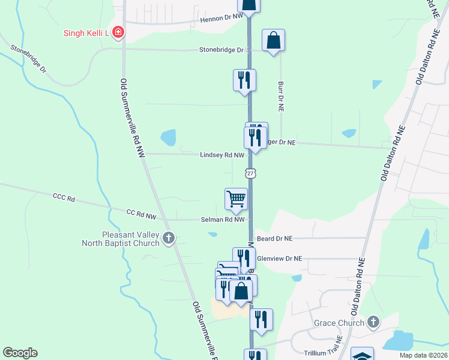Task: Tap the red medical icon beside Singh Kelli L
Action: [x=118, y=32]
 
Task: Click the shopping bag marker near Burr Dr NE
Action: [x=273, y=41]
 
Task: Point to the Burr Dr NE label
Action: [x=280, y=97]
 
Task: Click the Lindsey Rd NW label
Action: [x=222, y=155]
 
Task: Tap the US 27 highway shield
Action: [x=251, y=173]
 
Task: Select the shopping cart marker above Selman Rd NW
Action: [x=236, y=199]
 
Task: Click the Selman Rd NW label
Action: [x=223, y=220]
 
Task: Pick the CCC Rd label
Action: [x=63, y=197]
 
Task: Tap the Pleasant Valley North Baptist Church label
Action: [x=122, y=239]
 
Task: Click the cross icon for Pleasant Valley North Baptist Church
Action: [x=169, y=238]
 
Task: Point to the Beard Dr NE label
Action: [x=274, y=238]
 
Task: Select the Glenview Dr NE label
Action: [x=279, y=259]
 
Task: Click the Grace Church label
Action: [x=339, y=323]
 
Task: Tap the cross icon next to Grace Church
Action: [x=373, y=322]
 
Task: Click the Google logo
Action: [x=20, y=353]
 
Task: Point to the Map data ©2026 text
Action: [x=423, y=355]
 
